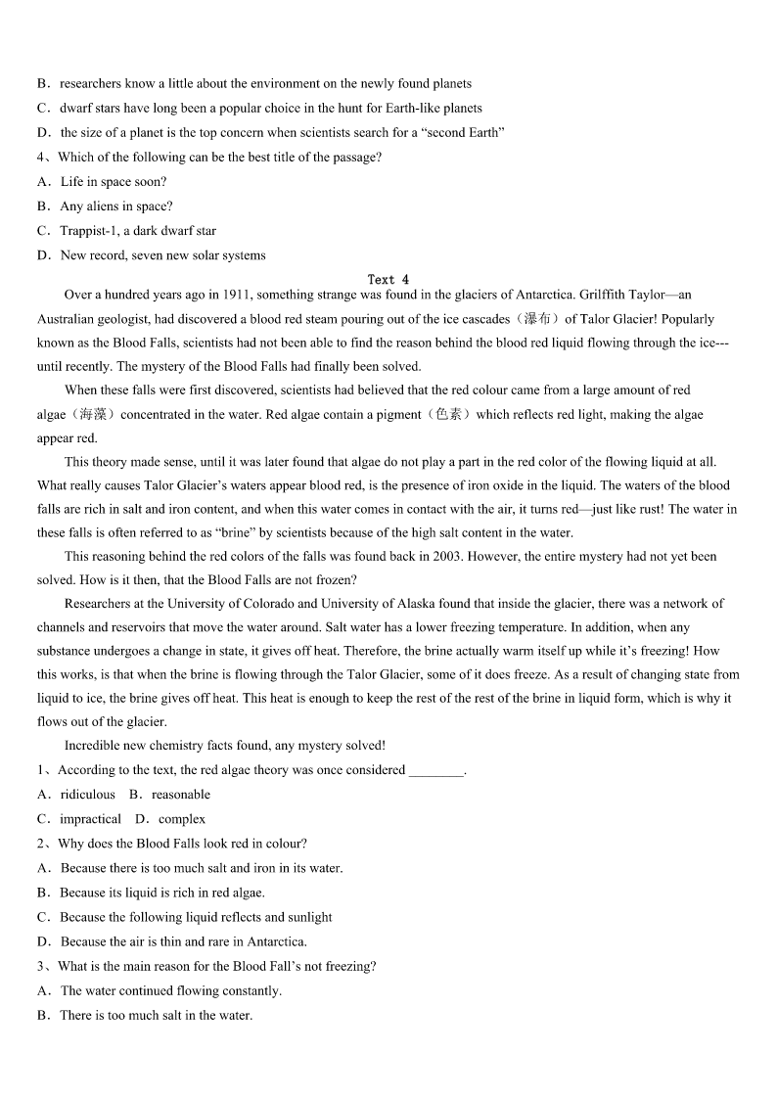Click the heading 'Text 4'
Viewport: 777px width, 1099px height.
388,280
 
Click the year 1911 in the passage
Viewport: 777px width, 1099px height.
237,295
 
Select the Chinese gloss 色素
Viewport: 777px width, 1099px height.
448,415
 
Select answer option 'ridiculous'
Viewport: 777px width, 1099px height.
87,795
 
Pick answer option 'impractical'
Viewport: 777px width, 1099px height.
90,819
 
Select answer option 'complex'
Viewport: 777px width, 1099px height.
182,819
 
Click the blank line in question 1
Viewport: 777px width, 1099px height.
435,771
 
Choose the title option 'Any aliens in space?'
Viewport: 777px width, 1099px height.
115,206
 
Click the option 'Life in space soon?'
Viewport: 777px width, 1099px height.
113,182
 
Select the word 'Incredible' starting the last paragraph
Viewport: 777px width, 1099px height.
94,746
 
